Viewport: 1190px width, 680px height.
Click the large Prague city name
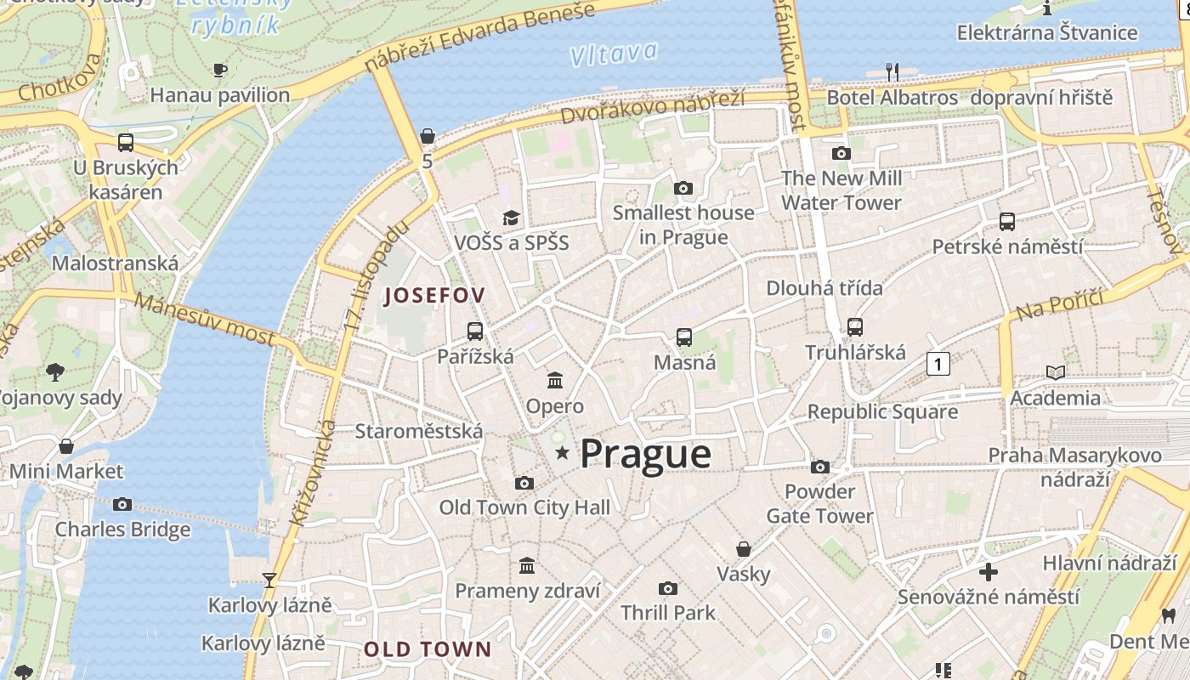coord(645,454)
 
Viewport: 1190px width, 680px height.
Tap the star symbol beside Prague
coord(562,453)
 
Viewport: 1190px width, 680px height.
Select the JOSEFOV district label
coord(434,296)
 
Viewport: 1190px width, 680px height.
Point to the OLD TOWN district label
coord(428,649)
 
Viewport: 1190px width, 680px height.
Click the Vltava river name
coord(613,54)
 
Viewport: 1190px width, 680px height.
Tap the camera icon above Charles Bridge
coord(122,504)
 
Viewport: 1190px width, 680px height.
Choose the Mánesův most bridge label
coord(204,319)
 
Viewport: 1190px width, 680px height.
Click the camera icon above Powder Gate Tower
coord(820,467)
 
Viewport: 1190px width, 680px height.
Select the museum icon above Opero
coord(555,380)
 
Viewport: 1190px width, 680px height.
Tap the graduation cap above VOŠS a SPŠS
coord(511,218)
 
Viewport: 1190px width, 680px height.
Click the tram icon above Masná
coord(684,337)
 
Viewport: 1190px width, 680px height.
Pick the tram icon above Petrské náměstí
coord(1007,222)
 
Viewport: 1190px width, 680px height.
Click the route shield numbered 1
coord(938,364)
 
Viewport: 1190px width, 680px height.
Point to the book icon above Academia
coord(1055,372)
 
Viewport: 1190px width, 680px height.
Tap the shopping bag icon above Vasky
coord(744,549)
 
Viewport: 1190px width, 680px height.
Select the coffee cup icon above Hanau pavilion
coord(220,70)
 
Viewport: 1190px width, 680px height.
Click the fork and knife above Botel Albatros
coord(892,72)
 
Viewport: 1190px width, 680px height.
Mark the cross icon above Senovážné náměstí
coord(988,572)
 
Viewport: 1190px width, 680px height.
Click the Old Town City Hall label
coord(524,507)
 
